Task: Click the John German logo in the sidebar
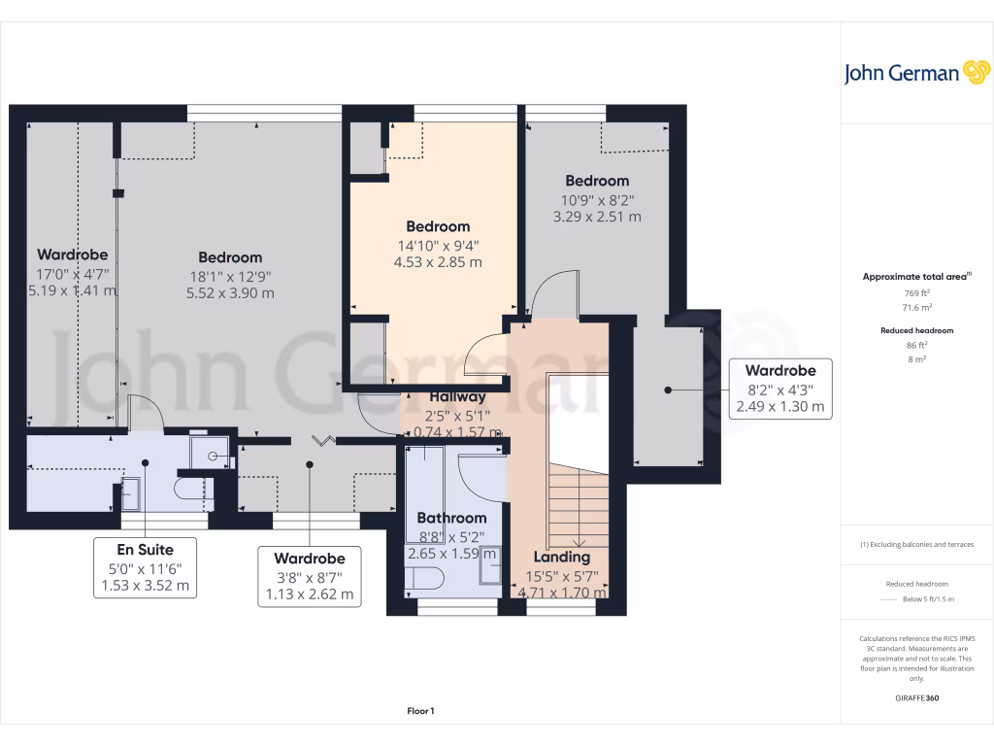[x=915, y=73]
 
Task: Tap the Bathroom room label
[x=451, y=518]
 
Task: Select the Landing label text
[x=562, y=557]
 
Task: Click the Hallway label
[x=457, y=396]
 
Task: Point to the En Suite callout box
[x=146, y=567]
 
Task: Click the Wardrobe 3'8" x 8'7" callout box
[x=310, y=576]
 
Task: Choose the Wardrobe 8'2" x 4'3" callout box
[x=780, y=389]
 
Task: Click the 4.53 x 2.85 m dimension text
[x=437, y=262]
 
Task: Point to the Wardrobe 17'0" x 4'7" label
[x=72, y=255]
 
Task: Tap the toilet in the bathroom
[x=423, y=580]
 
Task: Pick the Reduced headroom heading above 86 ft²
[x=916, y=330]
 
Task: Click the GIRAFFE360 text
[x=916, y=698]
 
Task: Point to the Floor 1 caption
[x=420, y=712]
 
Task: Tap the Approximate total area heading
[x=915, y=277]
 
